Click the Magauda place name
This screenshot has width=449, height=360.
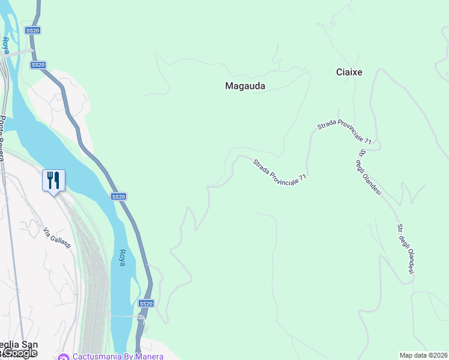[245, 86]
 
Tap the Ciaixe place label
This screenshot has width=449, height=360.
[349, 72]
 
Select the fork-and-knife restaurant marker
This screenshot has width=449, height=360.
[53, 180]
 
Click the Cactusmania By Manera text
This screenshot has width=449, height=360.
[118, 356]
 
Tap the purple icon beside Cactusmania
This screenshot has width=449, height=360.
[64, 356]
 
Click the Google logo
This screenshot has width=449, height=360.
[20, 353]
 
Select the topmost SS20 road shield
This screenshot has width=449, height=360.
[32, 30]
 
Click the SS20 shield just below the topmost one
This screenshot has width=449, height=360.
[38, 64]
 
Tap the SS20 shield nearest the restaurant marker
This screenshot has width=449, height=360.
[118, 196]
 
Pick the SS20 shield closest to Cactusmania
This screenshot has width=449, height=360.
[146, 304]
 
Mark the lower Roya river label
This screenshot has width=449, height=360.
[122, 259]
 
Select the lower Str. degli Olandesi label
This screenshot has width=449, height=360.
[406, 250]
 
